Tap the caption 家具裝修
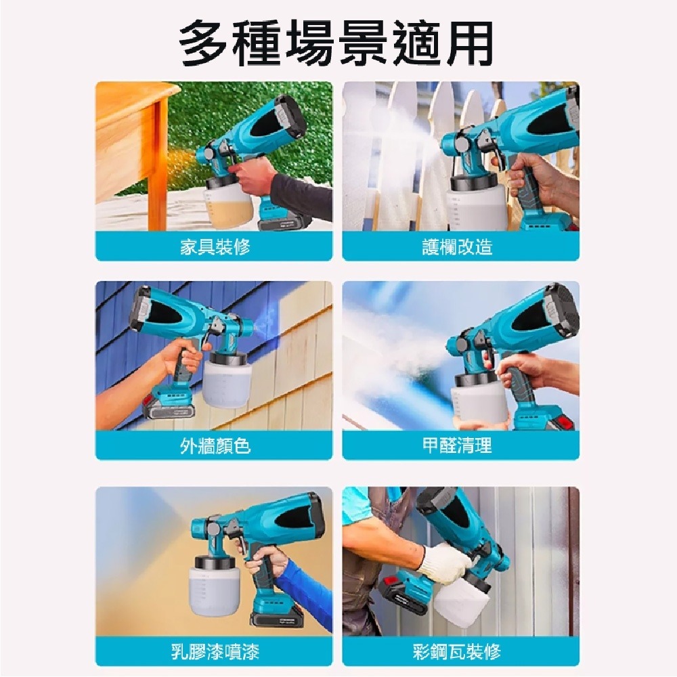tap(215, 247)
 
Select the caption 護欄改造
tap(457, 247)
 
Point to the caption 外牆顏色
tap(215, 445)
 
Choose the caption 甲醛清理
tap(457, 445)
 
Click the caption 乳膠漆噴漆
tap(215, 651)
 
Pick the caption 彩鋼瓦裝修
tap(457, 651)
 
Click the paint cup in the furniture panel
tap(228, 198)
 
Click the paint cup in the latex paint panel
tap(214, 587)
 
